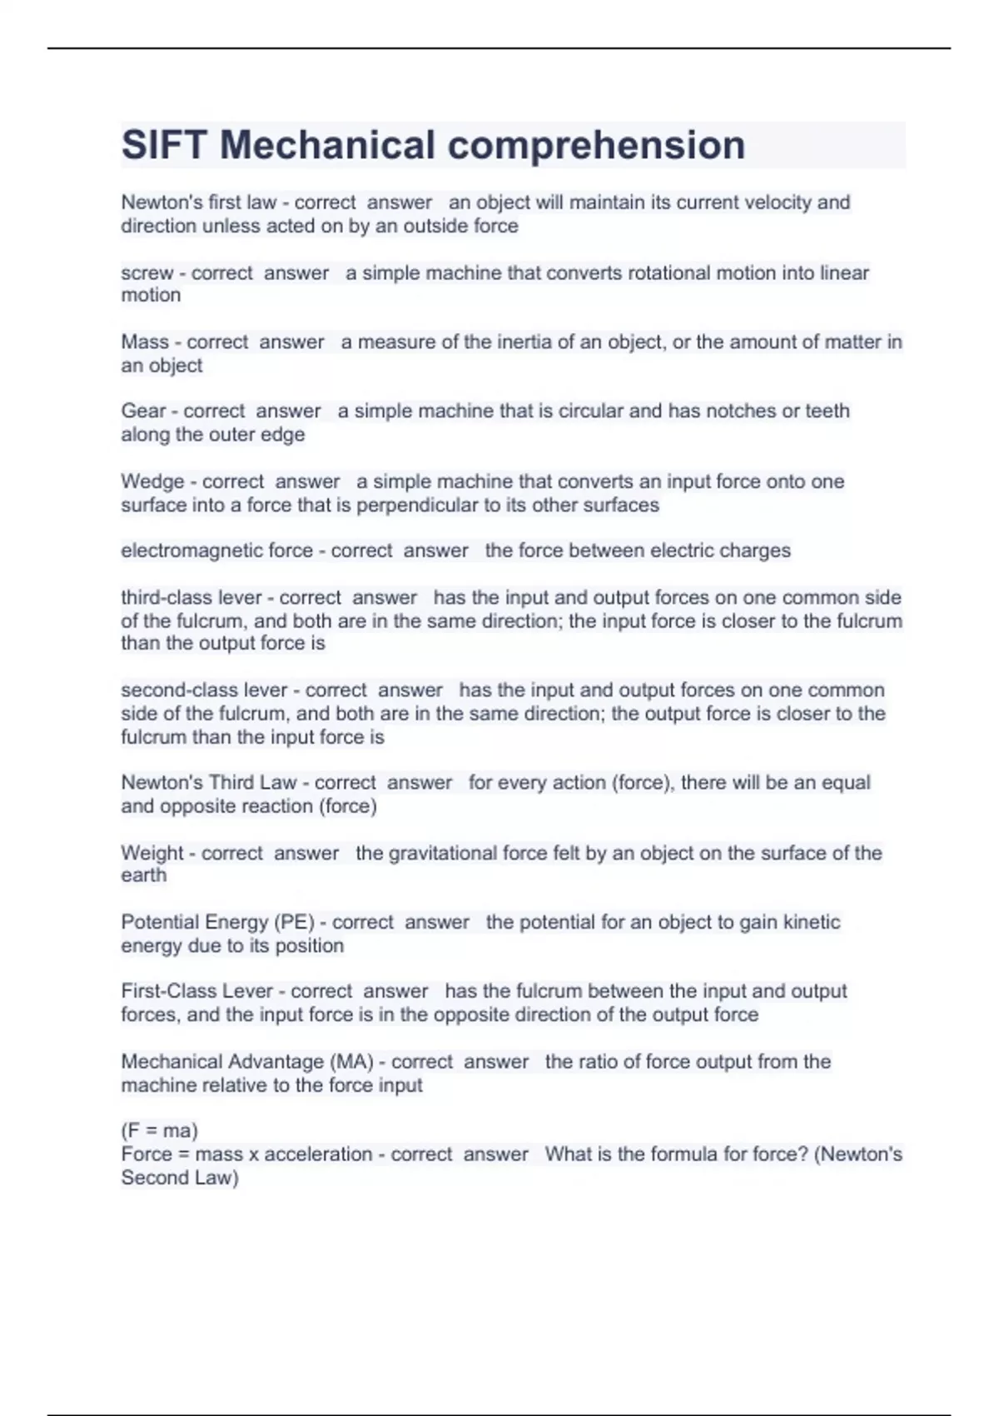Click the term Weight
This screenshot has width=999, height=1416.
coord(152,853)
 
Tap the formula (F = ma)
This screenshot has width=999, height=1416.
coord(159,1131)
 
